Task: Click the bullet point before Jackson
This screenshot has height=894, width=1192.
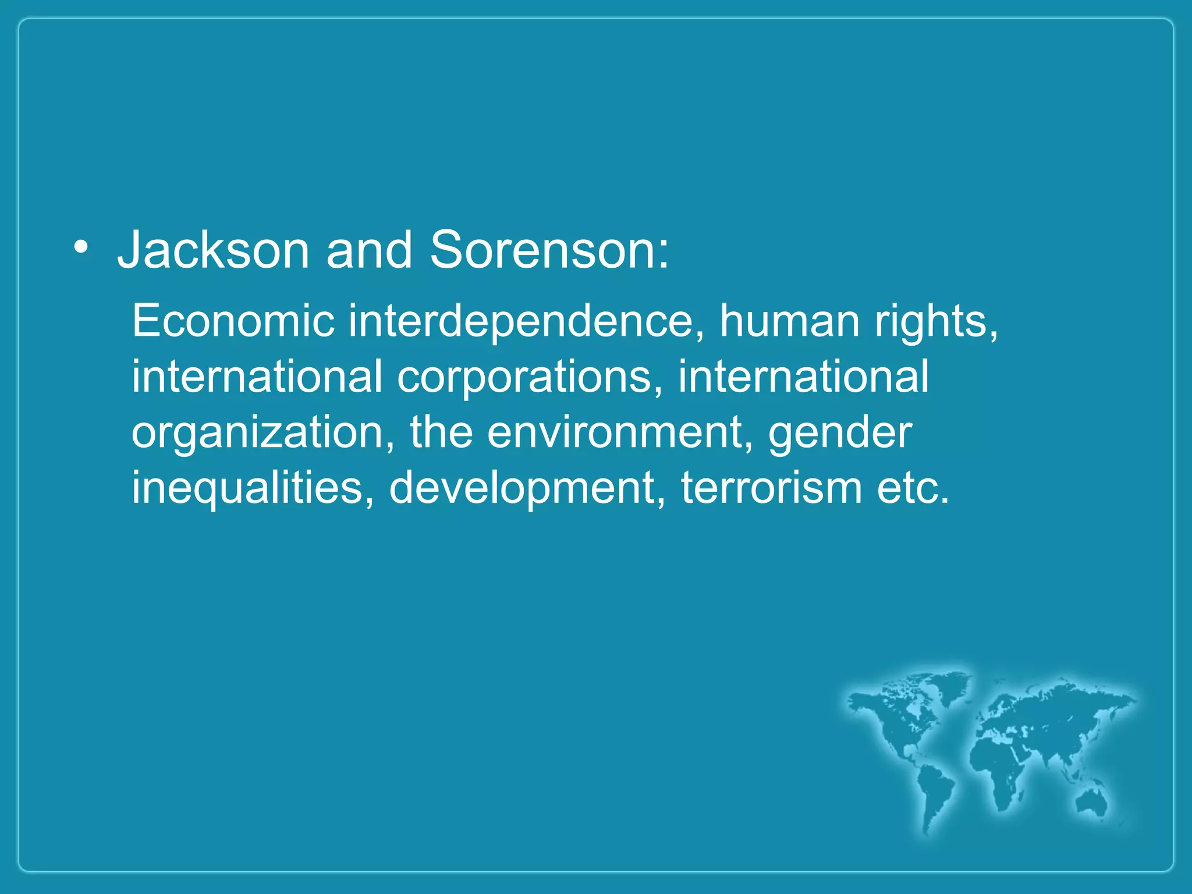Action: (x=81, y=249)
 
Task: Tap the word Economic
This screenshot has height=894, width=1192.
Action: (x=233, y=321)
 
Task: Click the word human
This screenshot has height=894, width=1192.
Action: (x=790, y=321)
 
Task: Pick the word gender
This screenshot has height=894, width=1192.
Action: (x=840, y=434)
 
